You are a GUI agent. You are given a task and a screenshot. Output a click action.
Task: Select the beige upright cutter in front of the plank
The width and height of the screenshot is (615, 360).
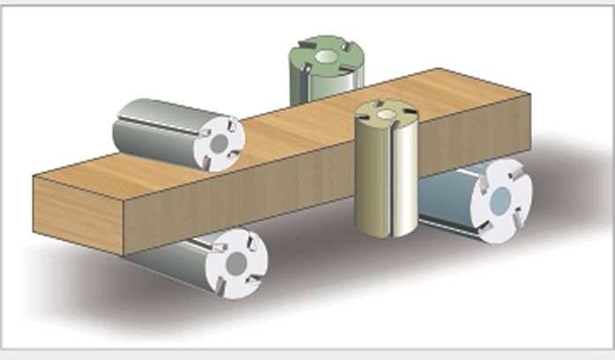[x=386, y=172]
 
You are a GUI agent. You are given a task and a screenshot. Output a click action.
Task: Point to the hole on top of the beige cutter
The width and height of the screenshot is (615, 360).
[x=386, y=113]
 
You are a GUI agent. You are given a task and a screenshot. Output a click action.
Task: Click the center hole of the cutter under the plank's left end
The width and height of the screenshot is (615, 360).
[x=236, y=263]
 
